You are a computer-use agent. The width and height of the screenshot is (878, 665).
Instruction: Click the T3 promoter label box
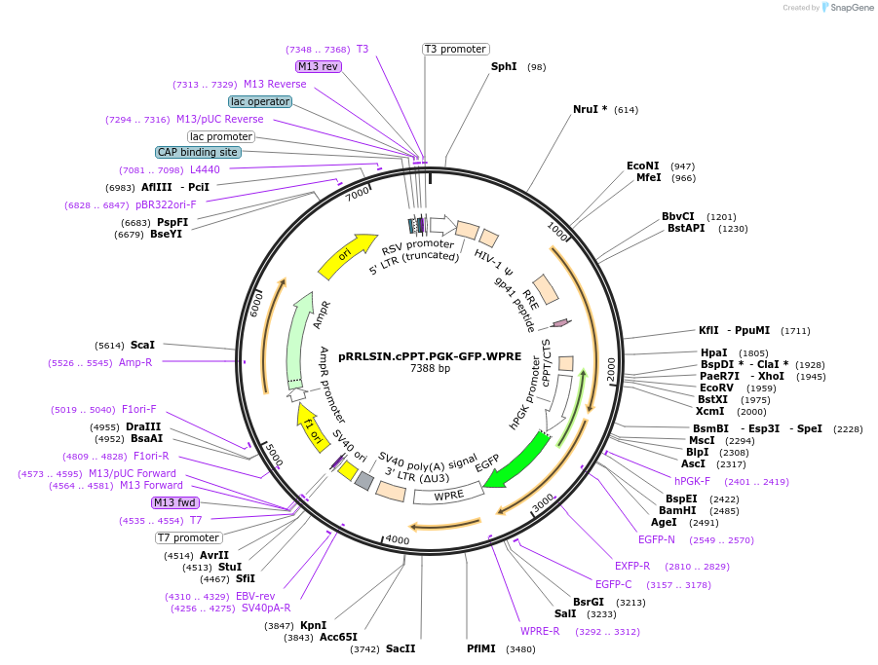455,49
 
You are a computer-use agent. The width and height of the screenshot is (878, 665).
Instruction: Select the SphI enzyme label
504,67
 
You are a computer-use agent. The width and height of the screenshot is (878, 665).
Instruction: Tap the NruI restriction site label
590,109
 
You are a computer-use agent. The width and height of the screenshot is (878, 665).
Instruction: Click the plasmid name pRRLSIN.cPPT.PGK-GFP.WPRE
430,356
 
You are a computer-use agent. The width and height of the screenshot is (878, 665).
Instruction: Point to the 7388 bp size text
430,369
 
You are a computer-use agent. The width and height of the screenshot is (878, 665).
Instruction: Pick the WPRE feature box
448,496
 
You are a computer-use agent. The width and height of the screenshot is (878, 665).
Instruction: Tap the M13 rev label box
319,66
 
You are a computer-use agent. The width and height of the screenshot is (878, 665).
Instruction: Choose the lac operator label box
260,101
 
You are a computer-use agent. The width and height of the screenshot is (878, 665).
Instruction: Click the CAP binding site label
198,152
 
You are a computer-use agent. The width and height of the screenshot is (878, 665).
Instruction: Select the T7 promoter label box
189,537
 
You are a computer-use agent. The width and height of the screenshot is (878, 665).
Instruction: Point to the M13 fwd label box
174,502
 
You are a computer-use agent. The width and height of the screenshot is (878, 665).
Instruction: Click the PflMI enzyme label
481,648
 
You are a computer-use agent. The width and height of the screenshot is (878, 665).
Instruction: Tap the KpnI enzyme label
313,625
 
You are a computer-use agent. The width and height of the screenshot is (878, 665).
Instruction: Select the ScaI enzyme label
142,345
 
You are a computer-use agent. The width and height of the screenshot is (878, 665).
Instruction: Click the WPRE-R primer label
540,631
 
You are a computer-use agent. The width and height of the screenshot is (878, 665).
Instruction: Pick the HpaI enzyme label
713,352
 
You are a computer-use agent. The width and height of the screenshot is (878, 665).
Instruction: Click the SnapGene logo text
850,8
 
